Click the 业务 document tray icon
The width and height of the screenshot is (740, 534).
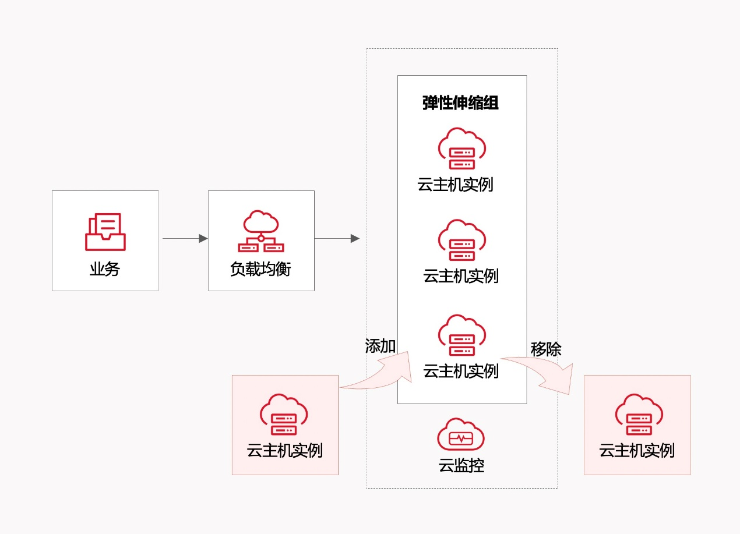[x=105, y=232]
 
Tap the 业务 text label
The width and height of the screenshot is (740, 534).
[x=105, y=270]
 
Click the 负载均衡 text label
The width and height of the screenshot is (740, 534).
[x=260, y=270]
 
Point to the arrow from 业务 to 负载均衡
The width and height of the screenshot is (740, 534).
[x=185, y=239]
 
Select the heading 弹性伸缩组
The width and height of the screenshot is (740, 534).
[x=461, y=104]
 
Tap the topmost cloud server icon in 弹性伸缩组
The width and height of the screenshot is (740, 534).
[x=461, y=149]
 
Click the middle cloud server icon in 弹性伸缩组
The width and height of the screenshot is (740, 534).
[x=461, y=240]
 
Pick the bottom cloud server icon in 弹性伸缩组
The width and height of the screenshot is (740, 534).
[x=461, y=335]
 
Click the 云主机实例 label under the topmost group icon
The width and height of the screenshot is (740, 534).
[x=456, y=185]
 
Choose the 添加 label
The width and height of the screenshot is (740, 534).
[x=380, y=346]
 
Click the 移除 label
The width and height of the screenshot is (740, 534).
[x=546, y=349]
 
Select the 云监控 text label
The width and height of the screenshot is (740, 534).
[x=461, y=465]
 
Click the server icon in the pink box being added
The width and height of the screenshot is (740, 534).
[x=284, y=415]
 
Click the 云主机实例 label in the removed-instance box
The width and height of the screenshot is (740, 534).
[x=637, y=451]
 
